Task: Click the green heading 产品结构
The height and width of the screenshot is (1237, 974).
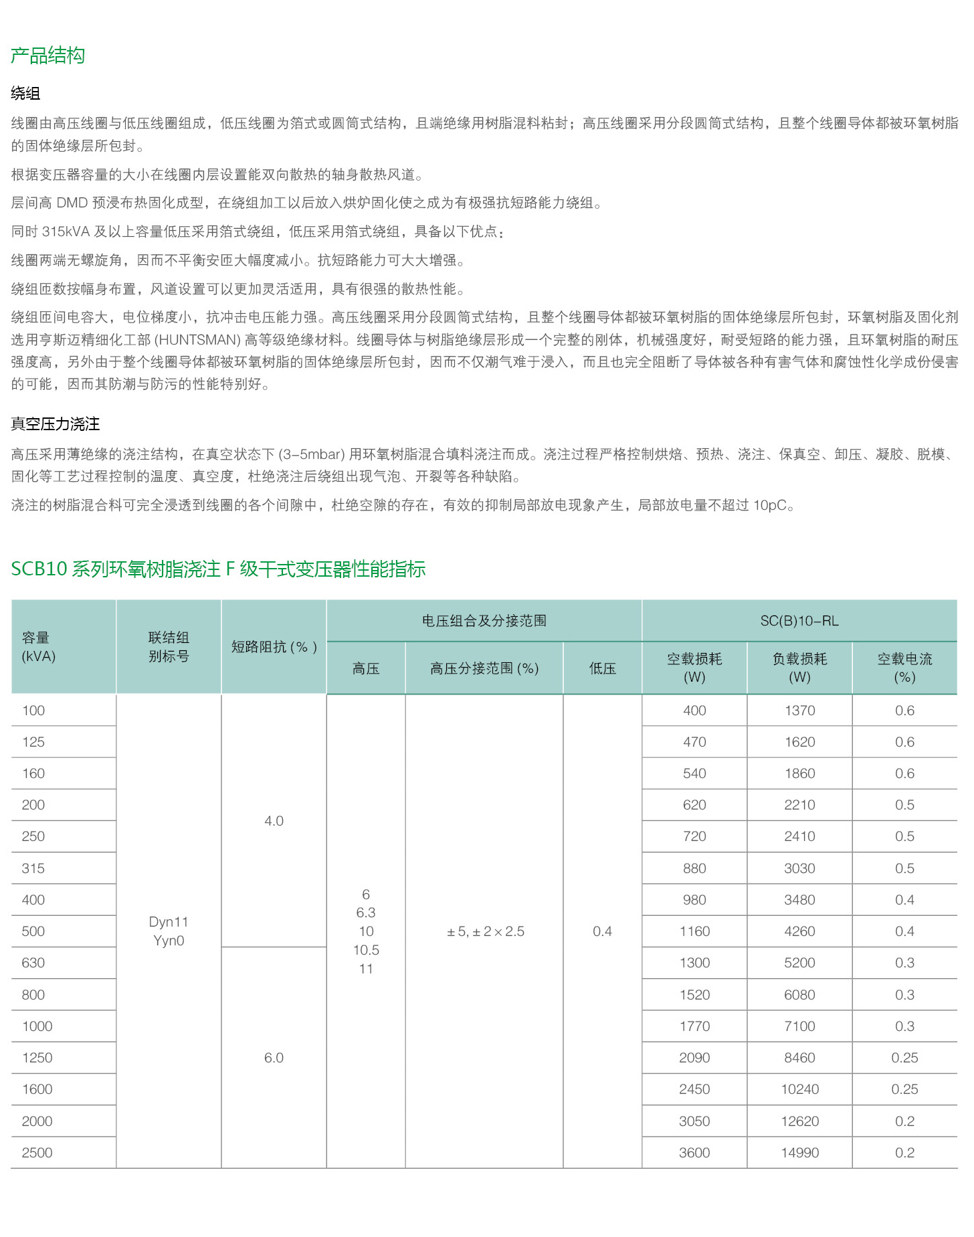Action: [47, 56]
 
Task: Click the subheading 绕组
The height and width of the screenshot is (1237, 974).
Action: [25, 94]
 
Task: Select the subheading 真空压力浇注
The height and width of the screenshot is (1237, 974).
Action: [56, 424]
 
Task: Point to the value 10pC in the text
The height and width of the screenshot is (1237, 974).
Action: [770, 505]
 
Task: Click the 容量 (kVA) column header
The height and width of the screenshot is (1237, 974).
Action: [38, 647]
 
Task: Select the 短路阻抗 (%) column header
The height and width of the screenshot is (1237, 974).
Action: [274, 647]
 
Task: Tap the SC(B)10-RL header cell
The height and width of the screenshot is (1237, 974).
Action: [799, 621]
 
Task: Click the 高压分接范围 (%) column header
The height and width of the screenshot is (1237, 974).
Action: [484, 668]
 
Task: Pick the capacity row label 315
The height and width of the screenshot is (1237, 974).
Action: [33, 868]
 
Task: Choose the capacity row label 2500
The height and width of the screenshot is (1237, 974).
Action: [37, 1153]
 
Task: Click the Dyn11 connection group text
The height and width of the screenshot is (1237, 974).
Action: [169, 922]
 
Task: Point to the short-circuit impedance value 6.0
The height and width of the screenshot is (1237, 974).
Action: [274, 1058]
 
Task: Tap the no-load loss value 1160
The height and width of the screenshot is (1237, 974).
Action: [694, 931]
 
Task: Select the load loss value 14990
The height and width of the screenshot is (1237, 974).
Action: [799, 1153]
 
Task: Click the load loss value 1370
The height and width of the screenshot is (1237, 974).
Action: [799, 710]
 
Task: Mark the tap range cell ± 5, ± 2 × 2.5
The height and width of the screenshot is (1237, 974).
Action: [486, 931]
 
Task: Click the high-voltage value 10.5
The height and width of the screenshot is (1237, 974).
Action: [366, 950]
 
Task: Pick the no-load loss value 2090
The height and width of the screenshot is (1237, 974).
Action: [694, 1058]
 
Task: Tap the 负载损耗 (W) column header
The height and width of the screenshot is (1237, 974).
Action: [799, 668]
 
